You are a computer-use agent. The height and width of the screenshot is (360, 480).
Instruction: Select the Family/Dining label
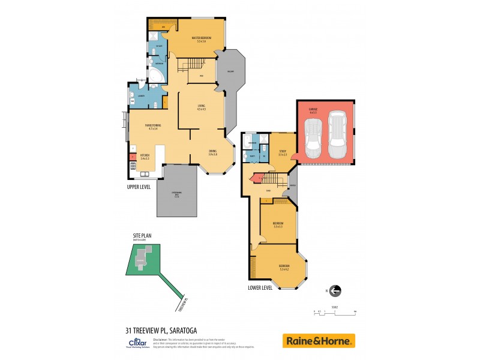pos(151,127)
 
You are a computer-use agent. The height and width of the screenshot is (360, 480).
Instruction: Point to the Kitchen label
pos(145,156)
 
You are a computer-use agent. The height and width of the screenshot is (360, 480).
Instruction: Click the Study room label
pos(283,152)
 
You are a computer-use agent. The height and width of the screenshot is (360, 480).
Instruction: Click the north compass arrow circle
pos(335,291)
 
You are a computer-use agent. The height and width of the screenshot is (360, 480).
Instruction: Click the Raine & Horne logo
pos(319,341)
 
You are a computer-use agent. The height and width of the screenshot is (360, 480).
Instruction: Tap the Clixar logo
pos(134,343)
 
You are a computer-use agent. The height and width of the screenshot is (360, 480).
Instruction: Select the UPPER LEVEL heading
pos(139,187)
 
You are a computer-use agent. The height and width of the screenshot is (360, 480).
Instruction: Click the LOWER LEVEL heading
pos(260,287)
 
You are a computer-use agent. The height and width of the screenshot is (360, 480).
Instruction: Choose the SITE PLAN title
pos(143,235)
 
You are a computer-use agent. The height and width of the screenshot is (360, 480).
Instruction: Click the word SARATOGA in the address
pos(179,329)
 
